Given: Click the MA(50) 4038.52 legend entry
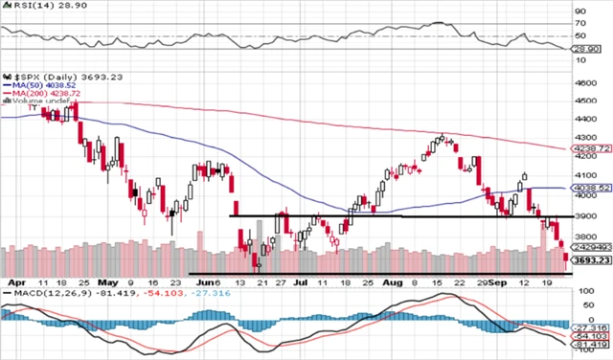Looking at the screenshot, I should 37,83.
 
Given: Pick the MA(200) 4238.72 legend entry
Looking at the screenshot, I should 40,92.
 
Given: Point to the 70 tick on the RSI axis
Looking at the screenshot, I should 580,23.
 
